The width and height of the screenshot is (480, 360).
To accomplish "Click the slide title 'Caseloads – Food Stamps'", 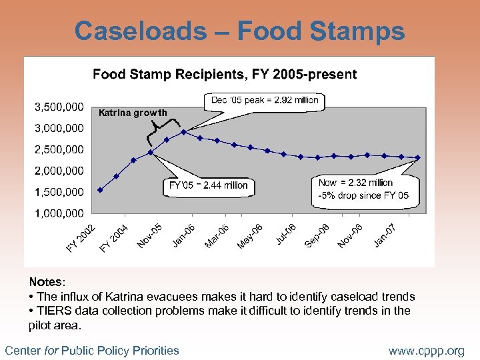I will [239, 31].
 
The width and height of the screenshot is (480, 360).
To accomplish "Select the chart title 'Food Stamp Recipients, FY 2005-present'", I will [225, 74].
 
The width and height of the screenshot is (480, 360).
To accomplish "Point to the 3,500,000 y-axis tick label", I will [59, 106].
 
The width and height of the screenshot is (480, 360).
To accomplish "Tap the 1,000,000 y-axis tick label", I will [59, 213].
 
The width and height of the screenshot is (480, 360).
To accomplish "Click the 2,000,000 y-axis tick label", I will [59, 171].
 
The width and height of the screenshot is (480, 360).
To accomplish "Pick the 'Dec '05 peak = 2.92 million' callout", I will [265, 100].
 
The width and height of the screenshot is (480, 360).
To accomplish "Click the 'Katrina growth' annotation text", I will [133, 113].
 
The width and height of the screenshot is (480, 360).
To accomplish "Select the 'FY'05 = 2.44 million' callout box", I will [209, 185].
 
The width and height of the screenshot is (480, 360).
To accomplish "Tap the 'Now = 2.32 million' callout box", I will [363, 189].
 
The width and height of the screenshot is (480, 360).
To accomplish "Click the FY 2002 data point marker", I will [100, 189].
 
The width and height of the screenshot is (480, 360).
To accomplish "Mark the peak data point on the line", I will [184, 132].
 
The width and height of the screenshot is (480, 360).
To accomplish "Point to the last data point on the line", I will [418, 157].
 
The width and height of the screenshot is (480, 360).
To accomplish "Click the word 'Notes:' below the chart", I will [48, 283].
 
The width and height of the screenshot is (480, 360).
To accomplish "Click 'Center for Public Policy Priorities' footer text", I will [92, 350].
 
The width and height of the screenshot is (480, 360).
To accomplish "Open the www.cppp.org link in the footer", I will [426, 350].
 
